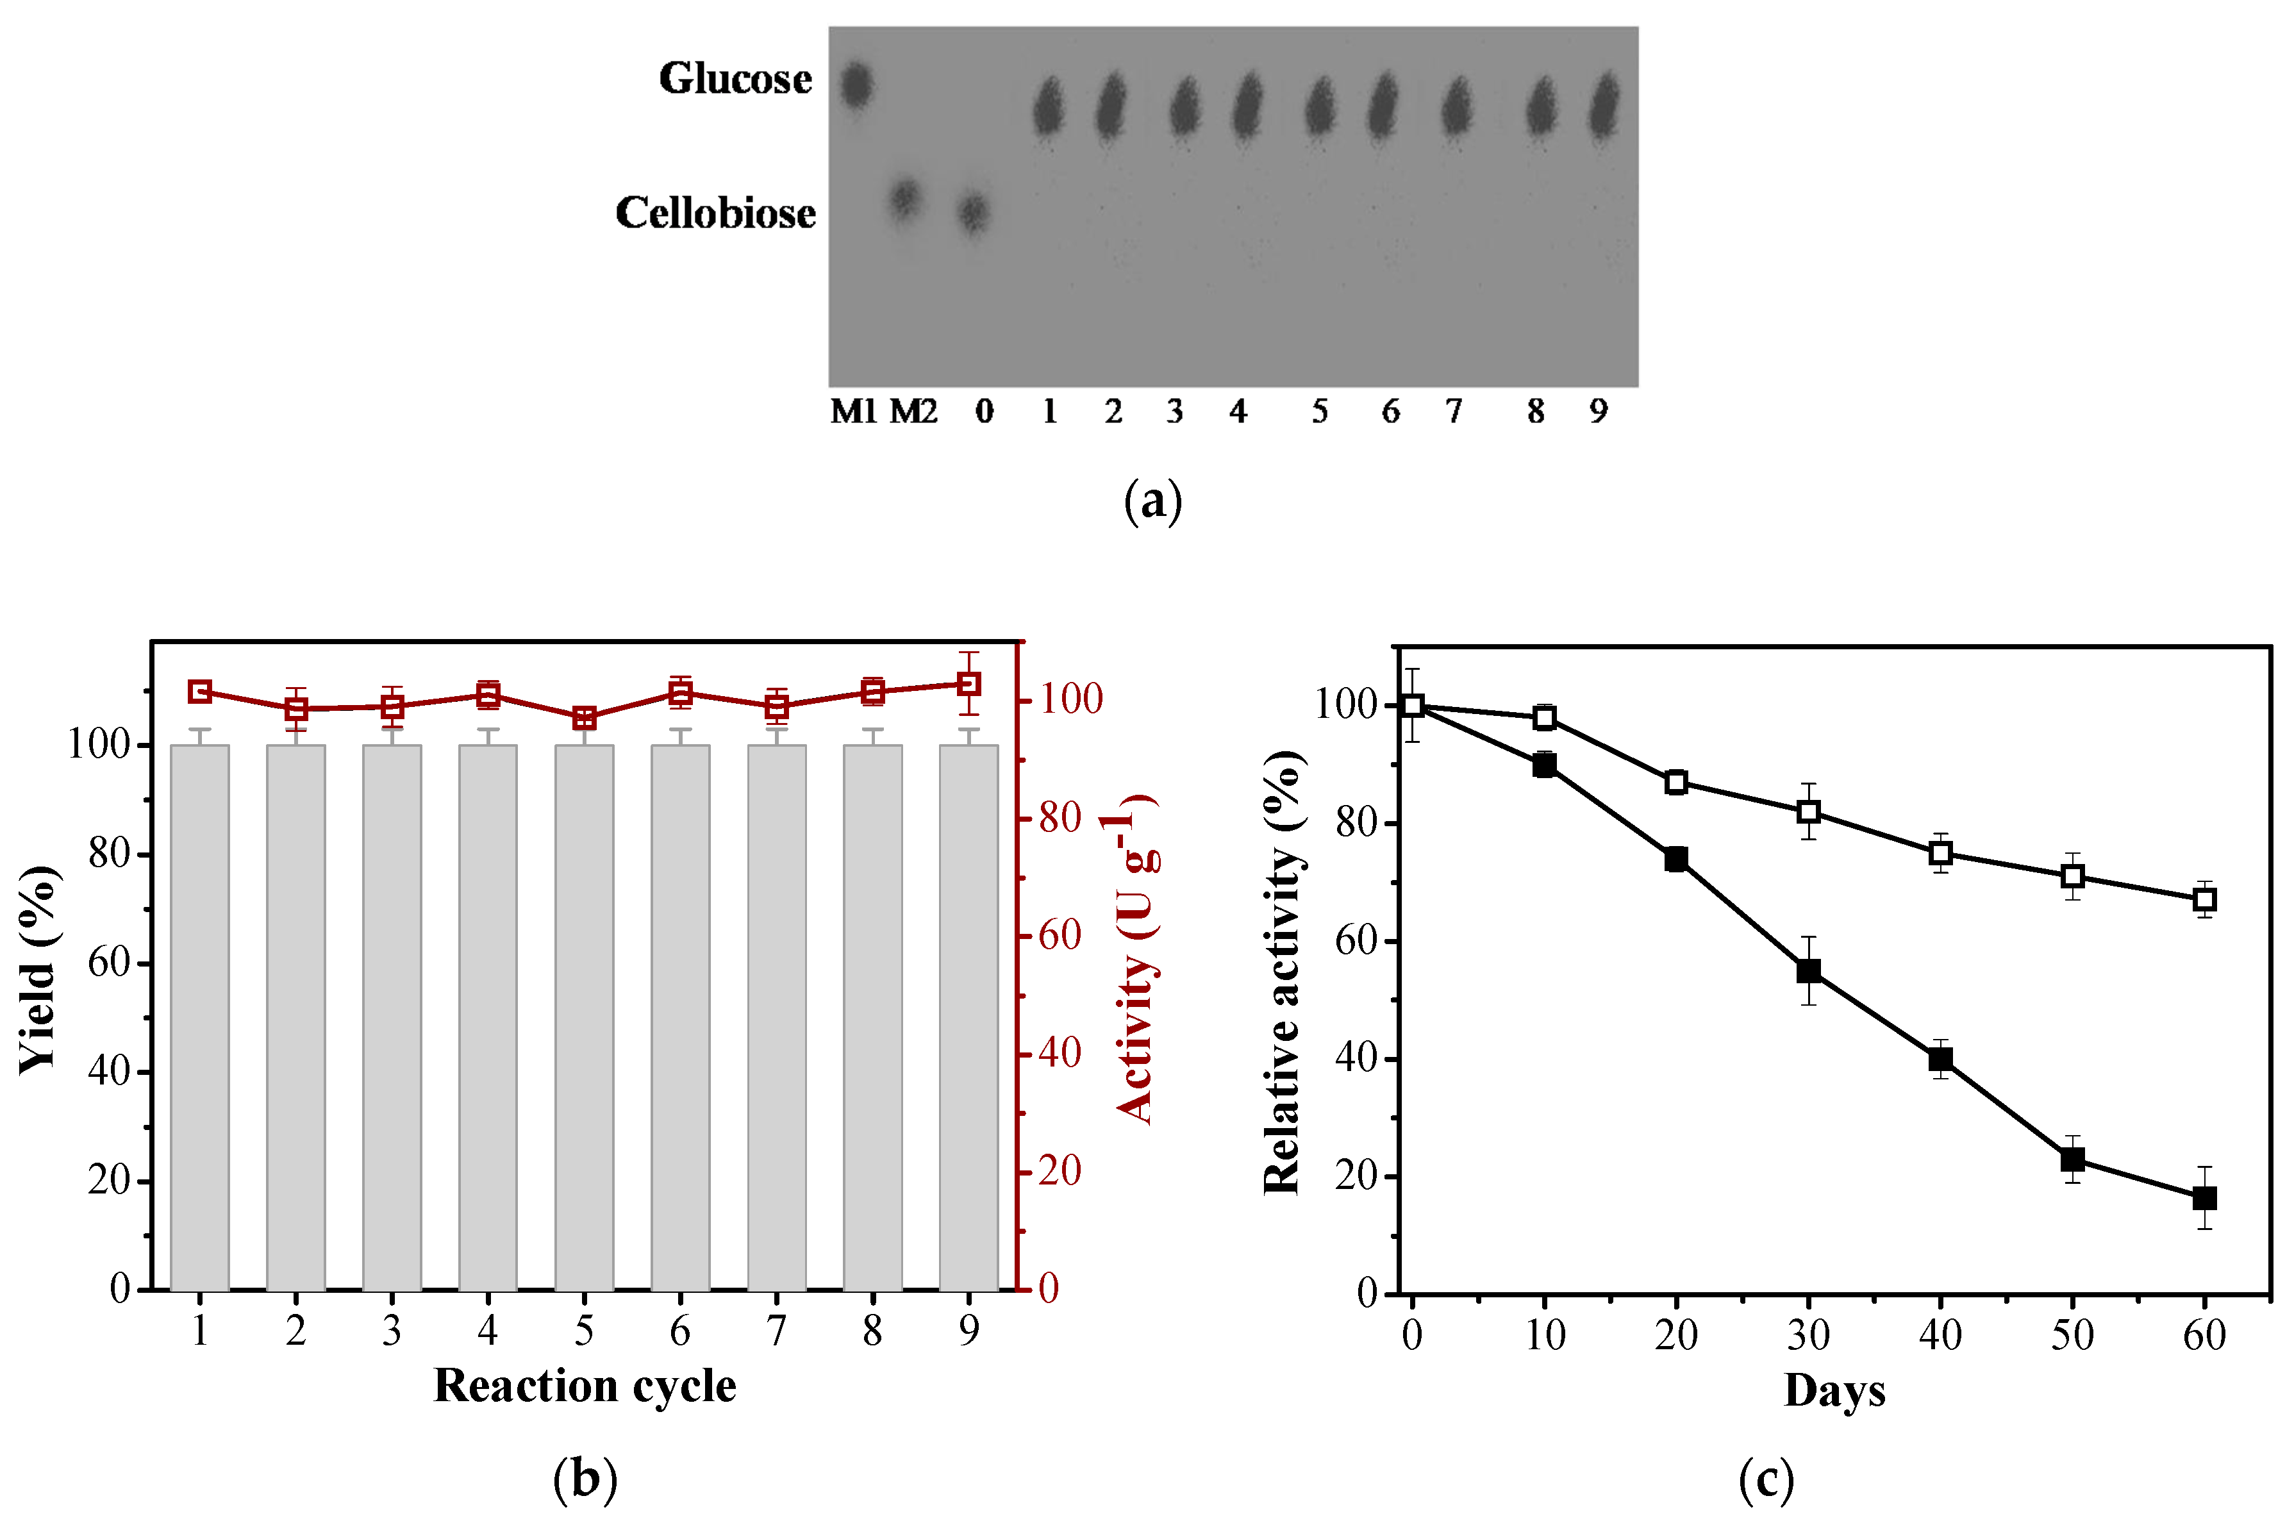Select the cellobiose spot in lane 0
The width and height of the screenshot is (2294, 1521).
(x=973, y=212)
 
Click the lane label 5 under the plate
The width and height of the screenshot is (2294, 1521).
(x=1319, y=412)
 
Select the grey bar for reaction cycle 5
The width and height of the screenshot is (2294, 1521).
(x=584, y=1018)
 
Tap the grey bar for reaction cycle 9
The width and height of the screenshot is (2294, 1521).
(x=968, y=1018)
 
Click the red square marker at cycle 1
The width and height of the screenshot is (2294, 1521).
(x=200, y=692)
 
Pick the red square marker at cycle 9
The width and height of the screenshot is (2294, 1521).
(x=968, y=685)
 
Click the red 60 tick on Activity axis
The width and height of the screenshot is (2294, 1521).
(x=1060, y=936)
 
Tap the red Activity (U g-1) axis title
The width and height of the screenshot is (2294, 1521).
(x=1135, y=960)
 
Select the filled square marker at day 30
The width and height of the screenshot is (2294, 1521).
(x=1808, y=971)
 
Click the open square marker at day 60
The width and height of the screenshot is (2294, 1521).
(x=2204, y=899)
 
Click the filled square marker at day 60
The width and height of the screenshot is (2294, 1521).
(x=2204, y=1198)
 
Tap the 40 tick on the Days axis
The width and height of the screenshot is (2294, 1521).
(x=1940, y=1336)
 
